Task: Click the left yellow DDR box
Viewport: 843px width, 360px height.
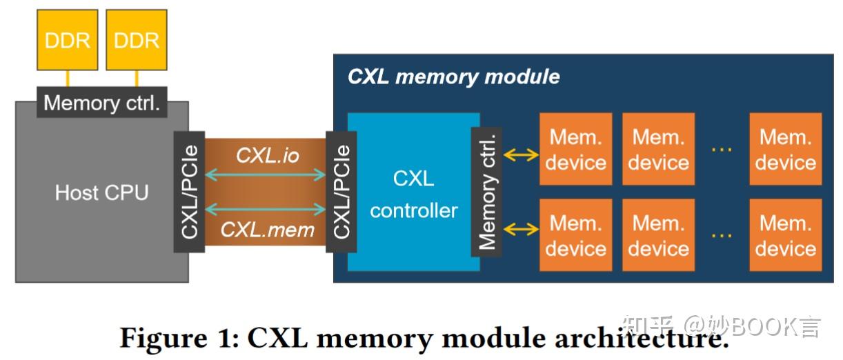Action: (67, 40)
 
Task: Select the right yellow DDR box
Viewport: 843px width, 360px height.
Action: (137, 40)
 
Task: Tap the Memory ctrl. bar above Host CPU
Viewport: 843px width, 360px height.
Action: (101, 103)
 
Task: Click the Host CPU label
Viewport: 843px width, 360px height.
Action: (101, 192)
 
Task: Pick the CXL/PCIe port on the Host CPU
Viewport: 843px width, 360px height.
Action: (190, 192)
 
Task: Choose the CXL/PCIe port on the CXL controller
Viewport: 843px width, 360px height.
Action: (341, 192)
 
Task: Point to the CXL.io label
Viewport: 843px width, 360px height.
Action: (268, 155)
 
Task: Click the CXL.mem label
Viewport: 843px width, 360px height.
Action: (268, 230)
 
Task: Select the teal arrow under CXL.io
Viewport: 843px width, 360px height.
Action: (266, 176)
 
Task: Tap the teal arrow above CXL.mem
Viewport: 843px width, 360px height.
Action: (266, 208)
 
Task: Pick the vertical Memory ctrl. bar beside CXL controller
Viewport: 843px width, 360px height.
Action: (487, 192)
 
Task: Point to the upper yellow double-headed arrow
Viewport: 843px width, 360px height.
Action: (521, 155)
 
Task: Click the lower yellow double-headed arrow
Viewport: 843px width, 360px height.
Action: (521, 229)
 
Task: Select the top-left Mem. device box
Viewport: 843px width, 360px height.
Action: (575, 150)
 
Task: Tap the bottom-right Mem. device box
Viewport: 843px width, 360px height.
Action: (785, 235)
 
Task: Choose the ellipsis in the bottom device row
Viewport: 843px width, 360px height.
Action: (721, 235)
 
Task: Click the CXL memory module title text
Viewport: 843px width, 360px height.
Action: (453, 76)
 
